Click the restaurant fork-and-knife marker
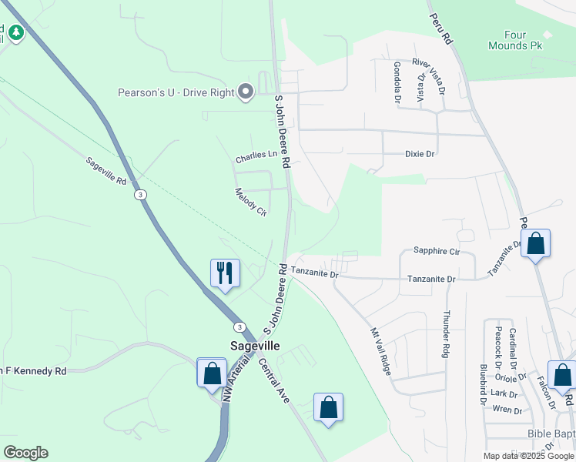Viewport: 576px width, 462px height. tap(225, 273)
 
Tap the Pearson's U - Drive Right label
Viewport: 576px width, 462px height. tap(176, 92)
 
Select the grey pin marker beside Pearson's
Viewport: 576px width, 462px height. tap(246, 92)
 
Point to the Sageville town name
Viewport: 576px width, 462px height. tap(255, 346)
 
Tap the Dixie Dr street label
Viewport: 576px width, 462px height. tap(420, 154)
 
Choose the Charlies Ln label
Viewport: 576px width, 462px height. tap(256, 156)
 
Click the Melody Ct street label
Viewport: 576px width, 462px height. tap(250, 202)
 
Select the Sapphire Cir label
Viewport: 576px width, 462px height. tap(436, 251)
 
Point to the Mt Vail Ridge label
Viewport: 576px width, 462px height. tap(381, 351)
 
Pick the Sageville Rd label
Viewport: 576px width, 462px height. tap(105, 171)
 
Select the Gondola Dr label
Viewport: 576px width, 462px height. tap(397, 82)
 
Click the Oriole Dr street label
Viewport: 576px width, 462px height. tap(510, 377)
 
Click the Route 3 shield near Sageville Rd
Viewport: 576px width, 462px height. tap(139, 195)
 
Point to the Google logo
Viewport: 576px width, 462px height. tap(25, 453)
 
